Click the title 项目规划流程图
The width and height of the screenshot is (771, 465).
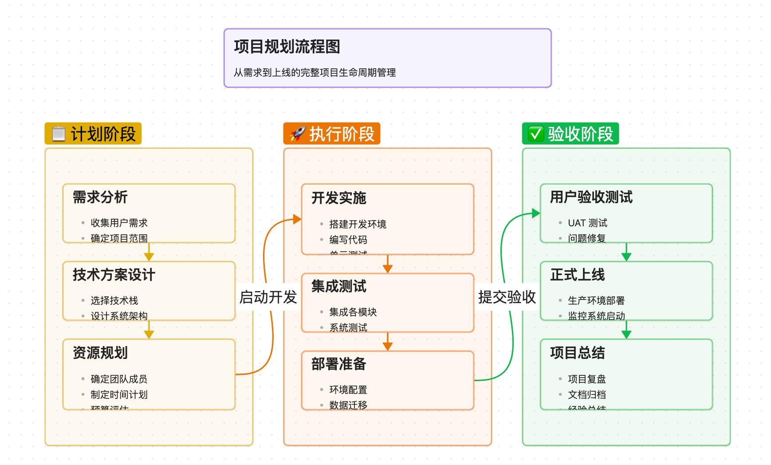point(287,47)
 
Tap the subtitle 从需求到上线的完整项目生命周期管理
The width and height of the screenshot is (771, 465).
point(315,72)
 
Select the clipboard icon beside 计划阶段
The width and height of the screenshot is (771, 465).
point(59,134)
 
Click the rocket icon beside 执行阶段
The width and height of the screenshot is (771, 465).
point(297,134)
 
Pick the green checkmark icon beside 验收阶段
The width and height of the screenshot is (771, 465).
point(535,134)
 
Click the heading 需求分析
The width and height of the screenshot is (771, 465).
point(100,197)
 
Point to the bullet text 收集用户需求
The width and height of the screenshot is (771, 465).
point(119,223)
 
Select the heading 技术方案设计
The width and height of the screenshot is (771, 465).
point(114,275)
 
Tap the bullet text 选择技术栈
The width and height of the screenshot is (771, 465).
point(114,300)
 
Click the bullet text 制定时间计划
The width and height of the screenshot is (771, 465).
point(119,394)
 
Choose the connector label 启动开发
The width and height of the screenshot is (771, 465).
point(268,297)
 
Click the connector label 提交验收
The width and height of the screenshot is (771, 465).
point(507,297)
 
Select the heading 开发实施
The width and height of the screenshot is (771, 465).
point(339,198)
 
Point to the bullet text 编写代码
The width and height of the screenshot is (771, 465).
point(348,240)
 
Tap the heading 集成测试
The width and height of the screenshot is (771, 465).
point(339,286)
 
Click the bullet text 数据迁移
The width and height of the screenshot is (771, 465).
point(348,405)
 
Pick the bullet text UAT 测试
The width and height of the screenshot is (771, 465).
point(587,223)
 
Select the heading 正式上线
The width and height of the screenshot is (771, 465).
point(578,275)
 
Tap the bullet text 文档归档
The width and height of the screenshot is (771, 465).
point(587,394)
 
